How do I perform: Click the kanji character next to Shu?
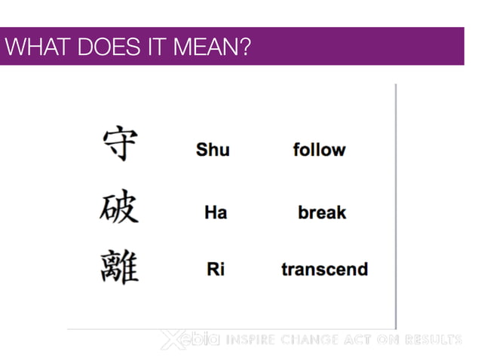pyautogui.click(x=120, y=145)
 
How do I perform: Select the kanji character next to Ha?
pyautogui.click(x=119, y=206)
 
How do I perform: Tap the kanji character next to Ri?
pyautogui.click(x=119, y=267)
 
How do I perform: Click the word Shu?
pyautogui.click(x=213, y=149)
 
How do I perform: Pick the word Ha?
pyautogui.click(x=216, y=212)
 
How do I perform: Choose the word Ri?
pyautogui.click(x=216, y=269)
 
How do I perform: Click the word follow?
pyautogui.click(x=319, y=149)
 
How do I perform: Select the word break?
pyautogui.click(x=322, y=212)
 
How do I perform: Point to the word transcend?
pyautogui.click(x=324, y=269)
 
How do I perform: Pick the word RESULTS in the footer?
pyautogui.click(x=434, y=340)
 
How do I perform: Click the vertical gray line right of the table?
pyautogui.click(x=396, y=203)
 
